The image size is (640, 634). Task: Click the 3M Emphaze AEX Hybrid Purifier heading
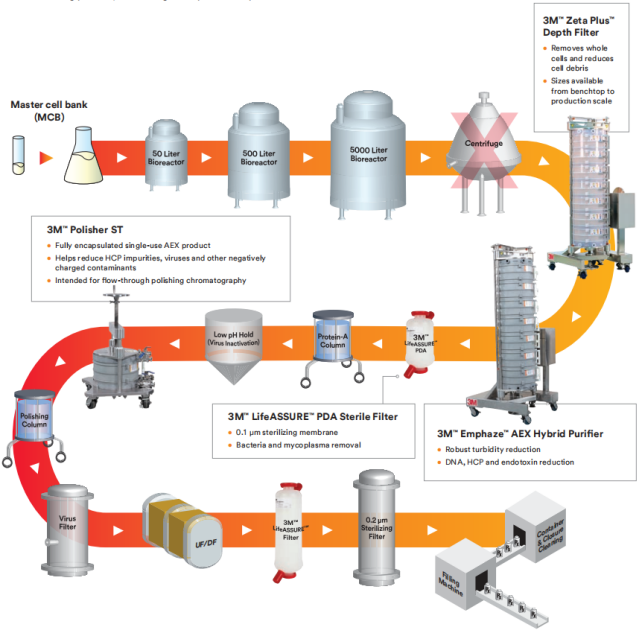pyautogui.click(x=521, y=432)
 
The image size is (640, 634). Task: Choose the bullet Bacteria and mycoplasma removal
pyautogui.click(x=300, y=444)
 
